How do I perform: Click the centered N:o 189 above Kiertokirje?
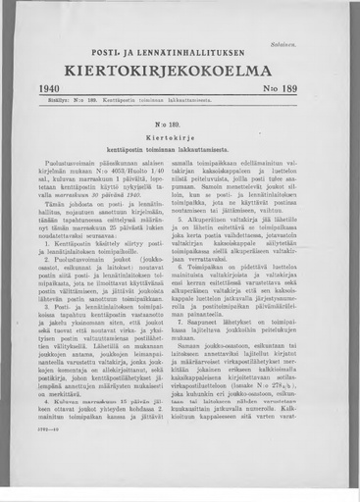180,127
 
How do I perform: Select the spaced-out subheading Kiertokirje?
180,142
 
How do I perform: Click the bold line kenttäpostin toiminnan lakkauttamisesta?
180,155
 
